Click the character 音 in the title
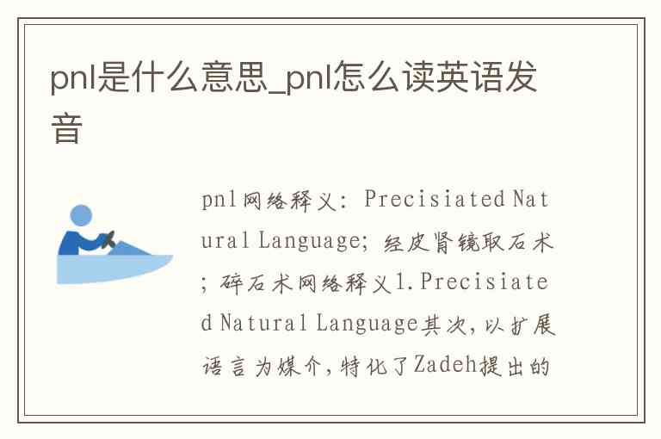point(66,127)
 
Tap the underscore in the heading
point(276,91)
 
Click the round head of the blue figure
point(81,216)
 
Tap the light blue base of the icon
point(114,269)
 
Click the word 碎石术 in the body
point(257,283)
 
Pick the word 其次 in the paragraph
point(444,325)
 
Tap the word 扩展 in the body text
point(533,325)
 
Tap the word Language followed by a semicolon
point(309,241)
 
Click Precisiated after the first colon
point(435,198)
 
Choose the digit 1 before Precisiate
point(399,282)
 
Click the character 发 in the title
point(521,77)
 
